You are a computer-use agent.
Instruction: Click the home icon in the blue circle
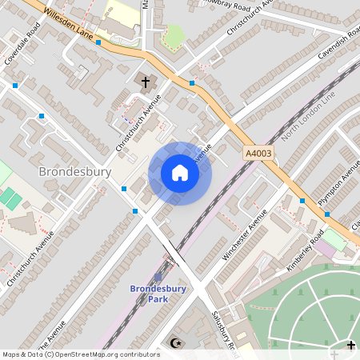point(180,173)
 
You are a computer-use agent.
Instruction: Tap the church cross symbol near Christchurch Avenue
point(146,82)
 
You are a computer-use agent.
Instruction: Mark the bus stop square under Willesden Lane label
point(98,42)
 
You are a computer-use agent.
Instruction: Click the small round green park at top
point(173,36)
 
